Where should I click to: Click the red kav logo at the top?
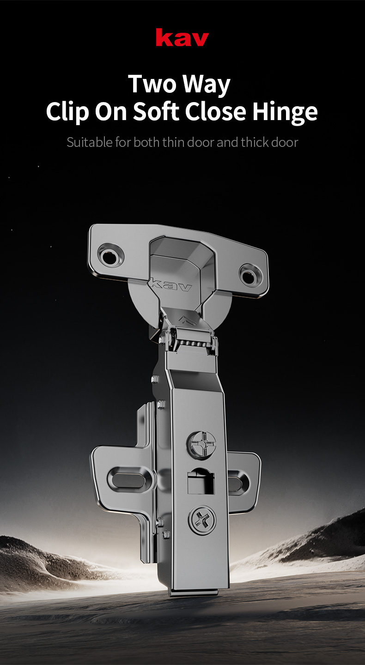point(182,37)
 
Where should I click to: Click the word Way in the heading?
point(206,85)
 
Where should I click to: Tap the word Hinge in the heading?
point(285,113)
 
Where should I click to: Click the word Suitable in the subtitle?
point(90,142)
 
